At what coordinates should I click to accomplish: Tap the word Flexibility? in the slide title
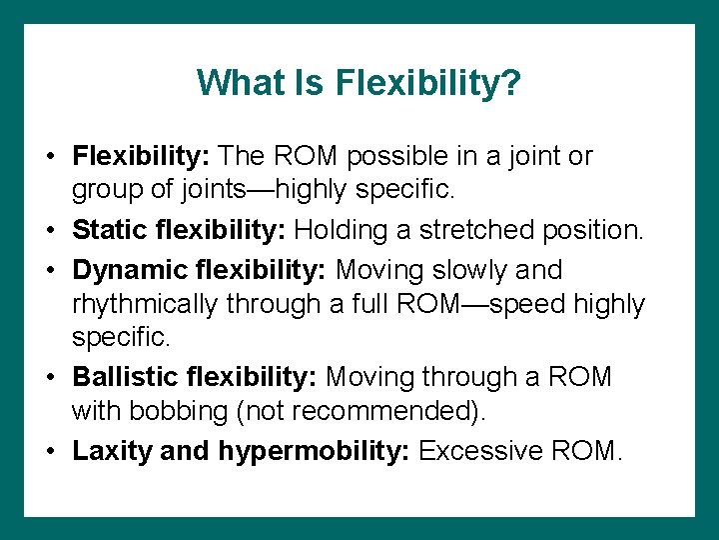pyautogui.click(x=429, y=82)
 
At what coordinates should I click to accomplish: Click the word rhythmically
pyautogui.click(x=146, y=304)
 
